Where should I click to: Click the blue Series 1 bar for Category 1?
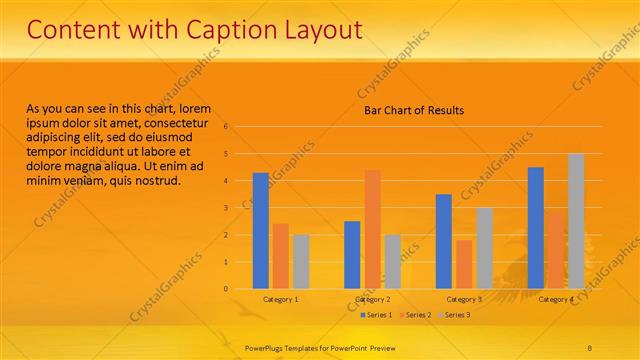point(260,230)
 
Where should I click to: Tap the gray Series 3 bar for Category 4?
point(575,221)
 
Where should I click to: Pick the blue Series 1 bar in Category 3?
point(444,241)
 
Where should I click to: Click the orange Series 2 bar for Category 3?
point(464,264)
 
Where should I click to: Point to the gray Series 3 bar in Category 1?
point(300,262)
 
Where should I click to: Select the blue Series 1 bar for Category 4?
point(536,227)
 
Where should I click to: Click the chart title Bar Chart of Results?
point(413,110)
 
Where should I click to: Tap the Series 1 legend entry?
point(375,315)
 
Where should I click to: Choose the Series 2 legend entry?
point(415,315)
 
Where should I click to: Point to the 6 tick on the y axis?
point(226,127)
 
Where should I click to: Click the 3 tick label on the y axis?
point(226,208)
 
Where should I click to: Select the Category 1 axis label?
point(280,299)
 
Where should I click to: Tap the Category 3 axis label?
point(464,299)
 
